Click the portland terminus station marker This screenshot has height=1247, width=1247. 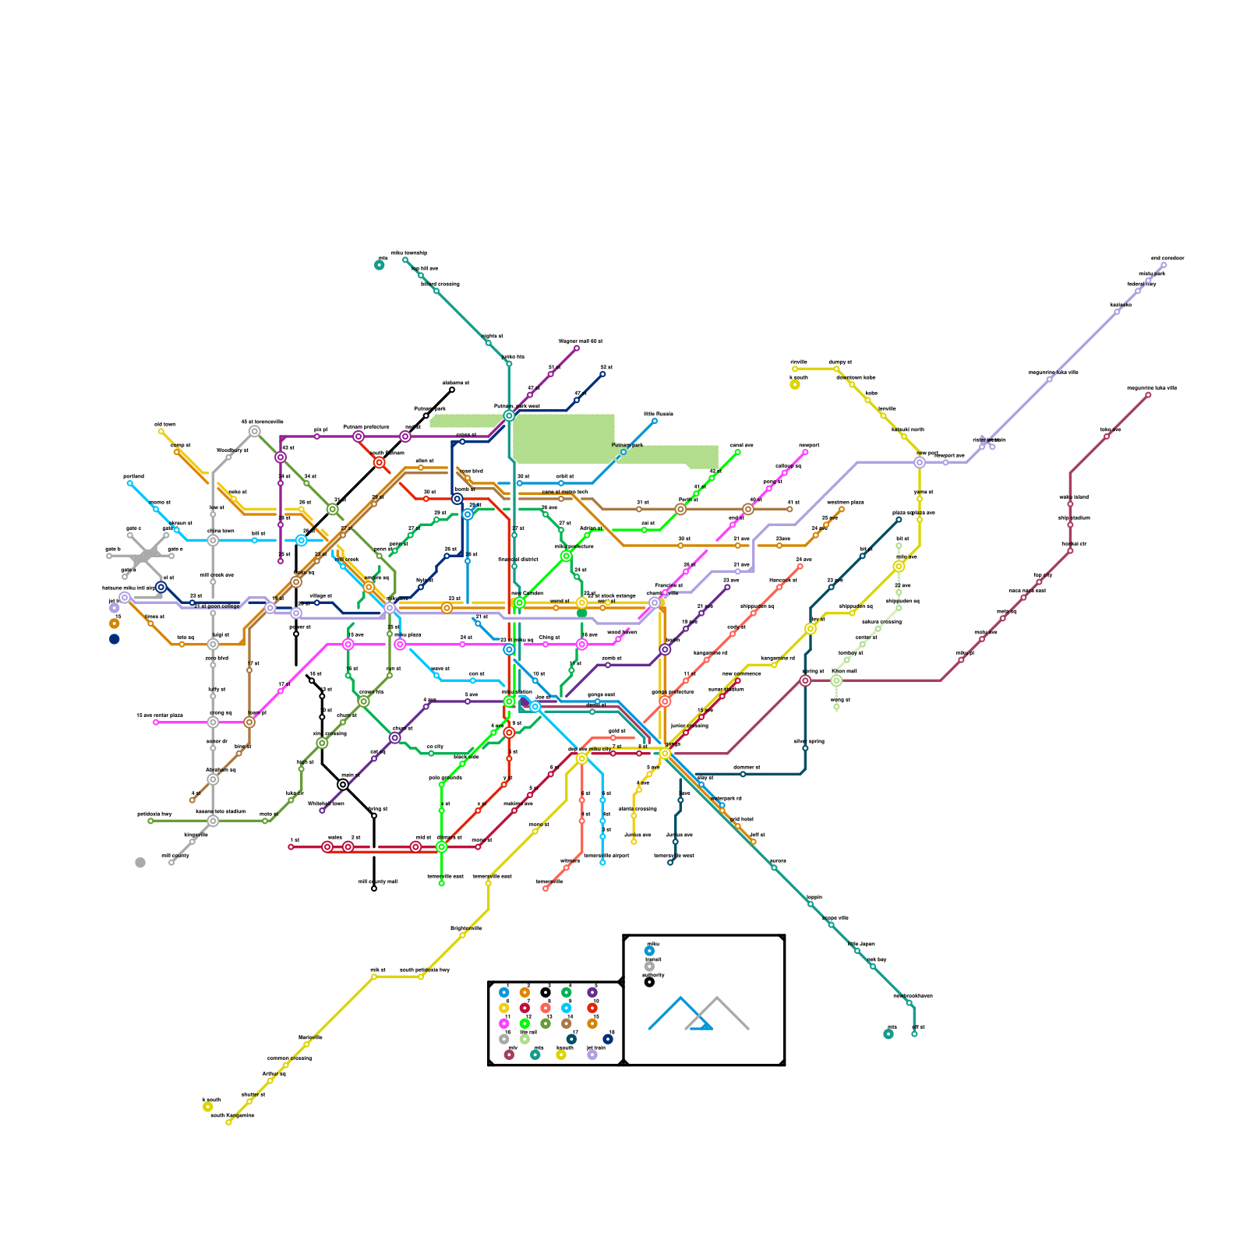[x=129, y=483]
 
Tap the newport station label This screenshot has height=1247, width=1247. [x=810, y=446]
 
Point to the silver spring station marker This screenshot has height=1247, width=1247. [x=805, y=748]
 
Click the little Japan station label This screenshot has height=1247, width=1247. [x=861, y=944]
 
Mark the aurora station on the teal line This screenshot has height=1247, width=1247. [x=774, y=867]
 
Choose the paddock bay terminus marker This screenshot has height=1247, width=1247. [x=150, y=821]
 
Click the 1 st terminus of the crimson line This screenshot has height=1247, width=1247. [x=291, y=846]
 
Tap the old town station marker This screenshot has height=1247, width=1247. [x=161, y=431]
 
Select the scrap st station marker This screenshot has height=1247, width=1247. [x=177, y=452]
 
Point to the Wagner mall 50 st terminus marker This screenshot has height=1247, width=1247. [x=577, y=348]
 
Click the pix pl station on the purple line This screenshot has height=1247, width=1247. [x=317, y=436]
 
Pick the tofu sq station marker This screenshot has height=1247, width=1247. [x=182, y=644]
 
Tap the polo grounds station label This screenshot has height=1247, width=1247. [x=445, y=778]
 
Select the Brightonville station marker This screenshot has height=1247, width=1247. [x=462, y=935]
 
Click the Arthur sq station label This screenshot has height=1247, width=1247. [x=274, y=1073]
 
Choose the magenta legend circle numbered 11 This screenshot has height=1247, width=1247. [x=503, y=1023]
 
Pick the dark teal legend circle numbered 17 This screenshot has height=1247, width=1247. [x=571, y=1039]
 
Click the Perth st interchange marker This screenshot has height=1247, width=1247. [x=680, y=509]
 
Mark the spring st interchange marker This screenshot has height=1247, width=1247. [x=805, y=680]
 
